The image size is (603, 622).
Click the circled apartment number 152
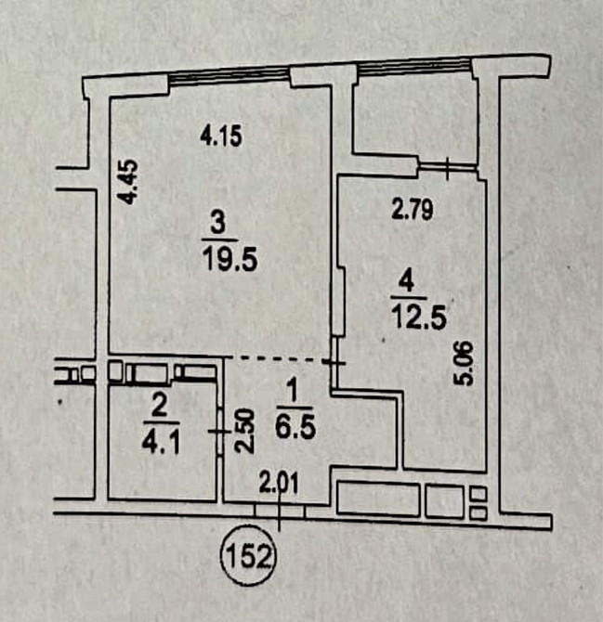249,555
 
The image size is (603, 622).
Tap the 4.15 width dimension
221,136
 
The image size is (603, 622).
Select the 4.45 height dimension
129,182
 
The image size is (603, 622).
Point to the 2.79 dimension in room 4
412,210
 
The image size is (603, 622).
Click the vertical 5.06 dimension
464,363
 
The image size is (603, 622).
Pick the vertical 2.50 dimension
243,431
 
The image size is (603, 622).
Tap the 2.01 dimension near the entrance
279,484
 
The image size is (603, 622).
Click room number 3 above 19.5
218,224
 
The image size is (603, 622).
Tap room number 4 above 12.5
408,282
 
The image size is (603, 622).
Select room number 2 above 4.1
159,408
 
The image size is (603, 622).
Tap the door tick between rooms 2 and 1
219,431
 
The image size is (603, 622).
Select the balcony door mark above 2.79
448,168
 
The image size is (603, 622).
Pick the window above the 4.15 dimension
229,76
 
